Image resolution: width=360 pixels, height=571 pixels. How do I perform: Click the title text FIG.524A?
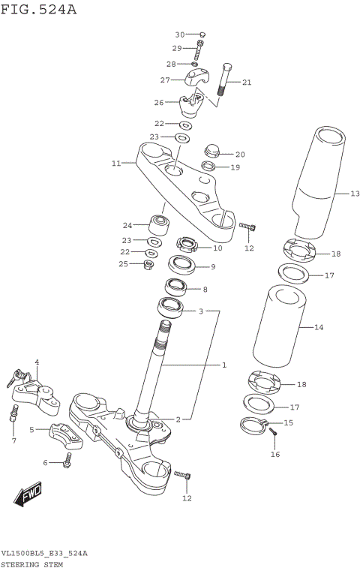click(39, 10)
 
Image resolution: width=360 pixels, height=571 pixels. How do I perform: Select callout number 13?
click(355, 193)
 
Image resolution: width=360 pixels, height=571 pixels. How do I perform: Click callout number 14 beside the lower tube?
click(318, 327)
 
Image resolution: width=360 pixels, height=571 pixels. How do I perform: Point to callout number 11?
click(115, 163)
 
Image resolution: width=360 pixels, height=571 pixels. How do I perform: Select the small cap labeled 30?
click(202, 35)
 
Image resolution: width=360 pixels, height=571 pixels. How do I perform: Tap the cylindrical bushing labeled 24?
click(159, 224)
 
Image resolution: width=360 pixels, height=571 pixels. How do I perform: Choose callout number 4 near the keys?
click(37, 362)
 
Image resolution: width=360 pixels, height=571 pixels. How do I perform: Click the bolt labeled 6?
click(68, 461)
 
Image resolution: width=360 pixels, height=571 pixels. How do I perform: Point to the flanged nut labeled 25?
click(148, 264)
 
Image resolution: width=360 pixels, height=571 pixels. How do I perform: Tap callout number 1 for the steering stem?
click(223, 365)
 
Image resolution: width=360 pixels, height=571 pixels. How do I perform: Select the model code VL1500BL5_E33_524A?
click(44, 553)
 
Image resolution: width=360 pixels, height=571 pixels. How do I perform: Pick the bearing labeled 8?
click(177, 287)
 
